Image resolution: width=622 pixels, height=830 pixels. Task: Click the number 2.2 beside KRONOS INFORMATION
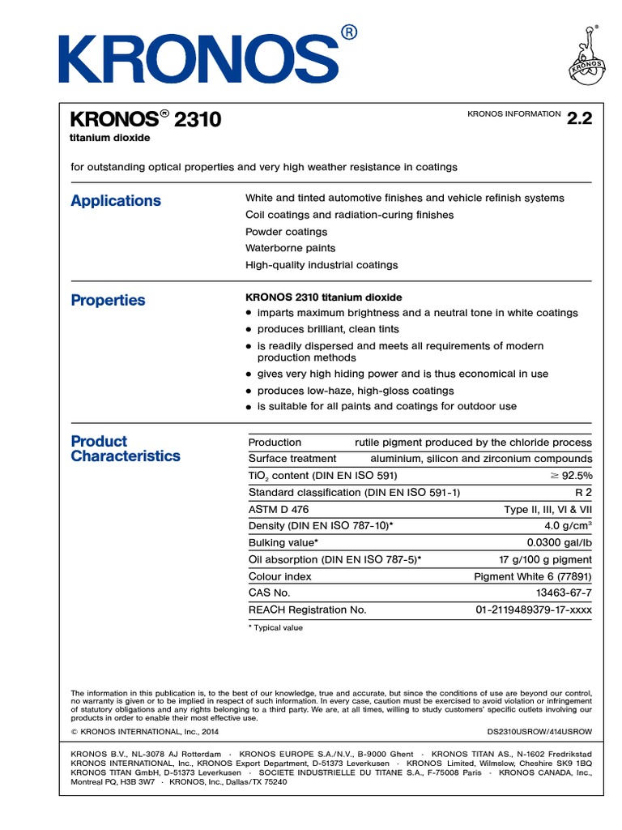pyautogui.click(x=580, y=118)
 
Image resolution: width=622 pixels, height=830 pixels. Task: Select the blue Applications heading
pyautogui.click(x=116, y=201)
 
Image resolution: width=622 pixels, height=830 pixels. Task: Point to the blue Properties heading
pyautogui.click(x=108, y=301)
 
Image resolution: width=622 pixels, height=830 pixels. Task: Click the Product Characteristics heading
pyautogui.click(x=126, y=449)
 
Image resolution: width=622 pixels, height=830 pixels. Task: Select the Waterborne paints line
pyautogui.click(x=290, y=248)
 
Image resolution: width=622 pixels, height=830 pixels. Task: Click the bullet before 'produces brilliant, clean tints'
pyautogui.click(x=249, y=330)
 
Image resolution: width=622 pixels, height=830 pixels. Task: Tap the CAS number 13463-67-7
pyautogui.click(x=564, y=593)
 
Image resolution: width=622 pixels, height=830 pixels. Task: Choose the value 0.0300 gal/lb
pyautogui.click(x=560, y=543)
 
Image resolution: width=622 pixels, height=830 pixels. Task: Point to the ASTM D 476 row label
pyautogui.click(x=279, y=509)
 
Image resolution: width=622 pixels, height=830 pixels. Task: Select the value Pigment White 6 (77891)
pyautogui.click(x=532, y=576)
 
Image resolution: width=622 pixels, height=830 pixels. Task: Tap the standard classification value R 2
pyautogui.click(x=583, y=493)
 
